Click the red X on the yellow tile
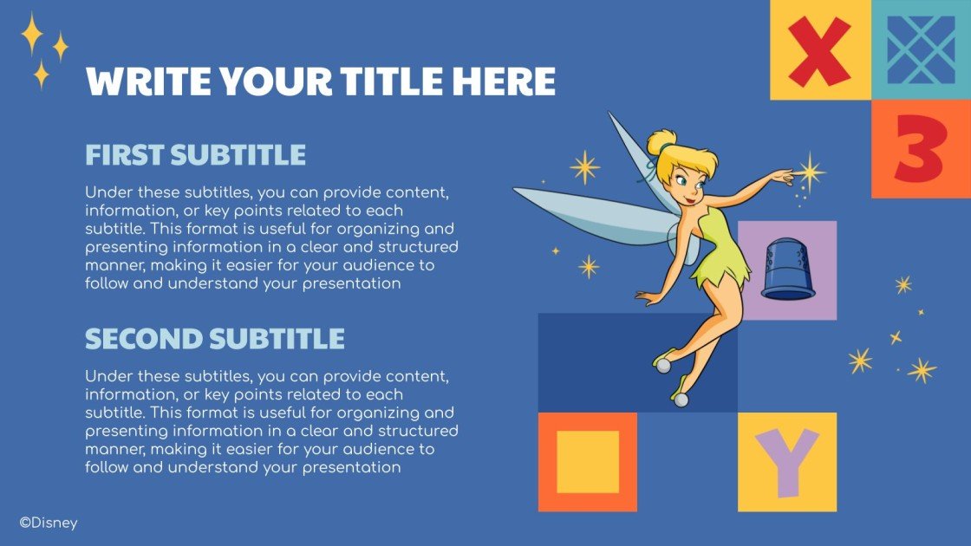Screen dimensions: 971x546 pos(819,51)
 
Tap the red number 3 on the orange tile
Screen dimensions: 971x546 pos(921,149)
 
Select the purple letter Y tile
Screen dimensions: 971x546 pos(787,462)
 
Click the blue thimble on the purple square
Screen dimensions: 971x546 pos(787,270)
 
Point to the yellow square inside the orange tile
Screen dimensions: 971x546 pos(588,462)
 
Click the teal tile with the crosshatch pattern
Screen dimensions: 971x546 pos(921,49)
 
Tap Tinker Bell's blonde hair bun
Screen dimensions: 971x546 pos(661,141)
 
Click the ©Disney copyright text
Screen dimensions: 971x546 pos(49,523)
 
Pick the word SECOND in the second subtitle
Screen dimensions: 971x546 pos(144,339)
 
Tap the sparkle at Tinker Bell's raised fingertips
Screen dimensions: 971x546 pos(809,172)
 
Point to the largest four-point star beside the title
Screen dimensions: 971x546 pos(31,34)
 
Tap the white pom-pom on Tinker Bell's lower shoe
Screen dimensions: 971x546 pos(681,400)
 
